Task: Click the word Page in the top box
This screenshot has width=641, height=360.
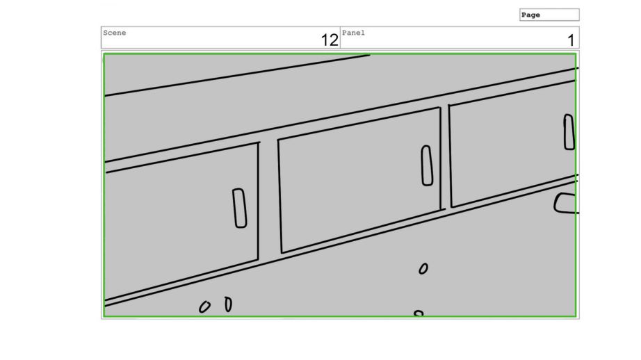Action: [530, 15]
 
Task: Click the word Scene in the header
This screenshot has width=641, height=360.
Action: [115, 33]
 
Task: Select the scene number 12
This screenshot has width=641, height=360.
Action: [330, 40]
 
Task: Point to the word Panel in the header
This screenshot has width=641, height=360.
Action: [353, 33]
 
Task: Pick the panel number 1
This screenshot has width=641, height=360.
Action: [571, 40]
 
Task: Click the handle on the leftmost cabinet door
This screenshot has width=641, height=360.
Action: [240, 208]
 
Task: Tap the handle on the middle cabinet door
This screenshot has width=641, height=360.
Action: [427, 165]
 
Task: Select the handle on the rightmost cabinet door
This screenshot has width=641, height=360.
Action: [569, 132]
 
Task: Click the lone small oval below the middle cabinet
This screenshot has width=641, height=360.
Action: [423, 268]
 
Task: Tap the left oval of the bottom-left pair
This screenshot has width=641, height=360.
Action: [204, 307]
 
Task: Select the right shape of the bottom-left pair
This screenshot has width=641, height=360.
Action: [229, 304]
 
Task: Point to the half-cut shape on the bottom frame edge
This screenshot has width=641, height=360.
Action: [419, 313]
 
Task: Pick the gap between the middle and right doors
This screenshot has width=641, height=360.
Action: [446, 157]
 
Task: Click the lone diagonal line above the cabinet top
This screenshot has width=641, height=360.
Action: [237, 76]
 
